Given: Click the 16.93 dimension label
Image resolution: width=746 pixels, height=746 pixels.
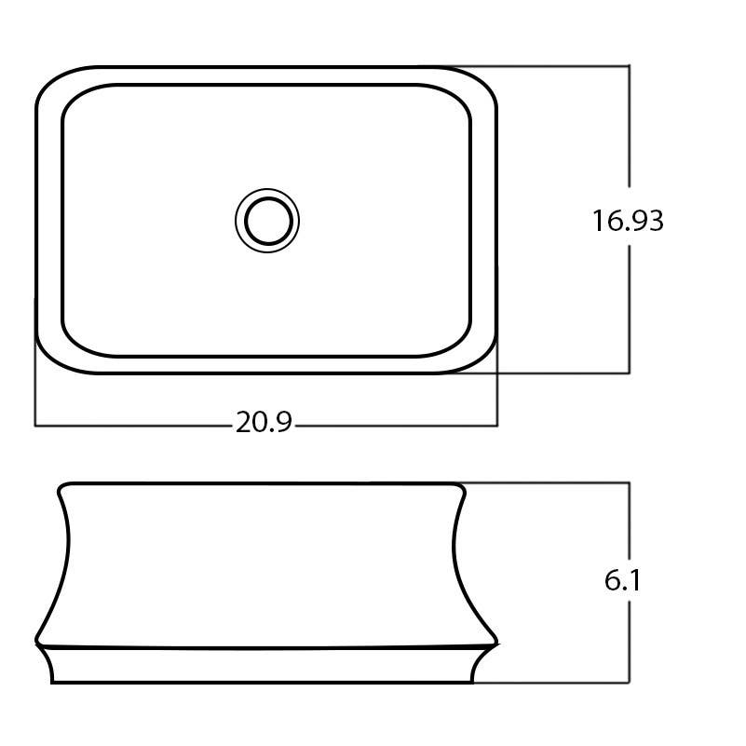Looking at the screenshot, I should point(628,221).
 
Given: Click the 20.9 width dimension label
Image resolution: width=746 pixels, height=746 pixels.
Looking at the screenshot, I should point(264,424).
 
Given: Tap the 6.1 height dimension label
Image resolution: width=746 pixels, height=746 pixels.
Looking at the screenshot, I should point(623,581).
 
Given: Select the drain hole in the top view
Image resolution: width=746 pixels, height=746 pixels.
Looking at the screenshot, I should point(267,221).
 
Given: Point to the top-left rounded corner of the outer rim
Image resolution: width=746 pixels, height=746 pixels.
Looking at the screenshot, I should point(52,82).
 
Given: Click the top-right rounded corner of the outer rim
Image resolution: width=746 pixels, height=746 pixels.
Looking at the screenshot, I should point(482,82).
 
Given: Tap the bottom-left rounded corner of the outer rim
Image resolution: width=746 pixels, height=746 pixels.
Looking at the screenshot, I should point(52,358).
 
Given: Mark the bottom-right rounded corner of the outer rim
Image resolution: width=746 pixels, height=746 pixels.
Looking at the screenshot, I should point(482,358).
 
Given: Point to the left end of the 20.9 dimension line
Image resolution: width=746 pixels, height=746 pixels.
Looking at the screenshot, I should point(35,426).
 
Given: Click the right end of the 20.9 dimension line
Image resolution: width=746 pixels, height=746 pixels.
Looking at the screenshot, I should point(497,426).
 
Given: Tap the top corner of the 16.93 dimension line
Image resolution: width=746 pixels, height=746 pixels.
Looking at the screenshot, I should point(630,66).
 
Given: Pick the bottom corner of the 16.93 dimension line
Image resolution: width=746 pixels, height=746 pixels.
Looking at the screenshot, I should point(630,373).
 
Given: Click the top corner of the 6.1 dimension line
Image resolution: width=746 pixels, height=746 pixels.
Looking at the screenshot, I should point(630,482).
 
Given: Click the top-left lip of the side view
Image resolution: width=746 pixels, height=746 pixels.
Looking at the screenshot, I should point(62,487).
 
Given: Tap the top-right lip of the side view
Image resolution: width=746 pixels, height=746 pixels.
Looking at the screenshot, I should point(461,487).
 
